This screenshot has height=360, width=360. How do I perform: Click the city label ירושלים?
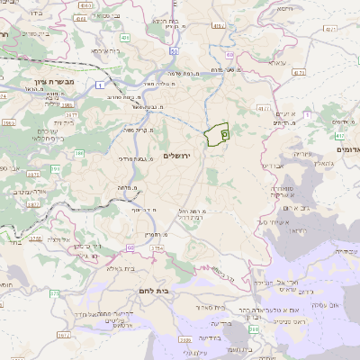point(180,156)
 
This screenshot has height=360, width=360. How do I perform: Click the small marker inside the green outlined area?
point(224,133)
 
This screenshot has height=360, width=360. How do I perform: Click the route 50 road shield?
point(171,51)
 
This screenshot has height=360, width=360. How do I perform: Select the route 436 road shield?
point(125,38)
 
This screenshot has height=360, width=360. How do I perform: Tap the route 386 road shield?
point(79,154)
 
